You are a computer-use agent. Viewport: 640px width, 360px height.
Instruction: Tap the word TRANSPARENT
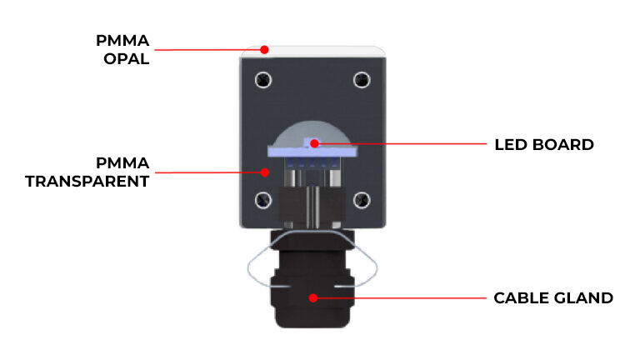(87, 181)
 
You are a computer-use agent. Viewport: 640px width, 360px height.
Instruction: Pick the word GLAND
(583, 297)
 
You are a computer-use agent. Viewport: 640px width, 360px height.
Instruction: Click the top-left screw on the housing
(263, 80)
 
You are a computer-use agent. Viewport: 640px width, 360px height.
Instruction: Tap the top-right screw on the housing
(361, 80)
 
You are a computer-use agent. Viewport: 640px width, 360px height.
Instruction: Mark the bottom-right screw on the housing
(361, 199)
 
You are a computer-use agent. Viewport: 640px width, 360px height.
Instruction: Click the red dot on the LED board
(314, 143)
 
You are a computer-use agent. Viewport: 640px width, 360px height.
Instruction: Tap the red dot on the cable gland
(314, 297)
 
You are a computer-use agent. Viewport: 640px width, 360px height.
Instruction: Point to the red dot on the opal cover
(265, 49)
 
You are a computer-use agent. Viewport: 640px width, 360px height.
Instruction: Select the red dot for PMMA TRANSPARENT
(265, 172)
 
